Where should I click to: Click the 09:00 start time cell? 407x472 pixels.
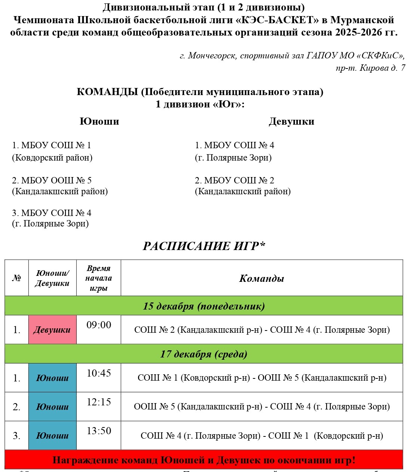pos(99,325)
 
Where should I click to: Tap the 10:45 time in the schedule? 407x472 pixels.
pos(99,373)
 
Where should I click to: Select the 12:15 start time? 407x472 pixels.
pos(99,402)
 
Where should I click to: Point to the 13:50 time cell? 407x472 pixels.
pos(99,431)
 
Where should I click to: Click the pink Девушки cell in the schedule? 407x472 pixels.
pos(52,330)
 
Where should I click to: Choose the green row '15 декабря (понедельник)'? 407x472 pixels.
pos(203,306)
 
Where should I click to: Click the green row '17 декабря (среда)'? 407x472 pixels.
pos(203,354)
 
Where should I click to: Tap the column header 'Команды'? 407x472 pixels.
pos(261,278)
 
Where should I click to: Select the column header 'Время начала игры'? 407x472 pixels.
pos(98,278)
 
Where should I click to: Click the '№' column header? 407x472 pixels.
pos(16,278)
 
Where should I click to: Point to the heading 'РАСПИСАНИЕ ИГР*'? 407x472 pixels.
pos(204,246)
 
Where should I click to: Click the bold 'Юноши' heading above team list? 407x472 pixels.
pos(99,121)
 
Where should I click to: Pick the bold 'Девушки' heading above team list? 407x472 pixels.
pos(291,121)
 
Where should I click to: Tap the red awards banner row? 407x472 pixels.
pos(203,460)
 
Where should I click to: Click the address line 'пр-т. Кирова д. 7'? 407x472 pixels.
pos(370,68)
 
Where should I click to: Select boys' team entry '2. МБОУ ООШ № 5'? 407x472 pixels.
pos(52,180)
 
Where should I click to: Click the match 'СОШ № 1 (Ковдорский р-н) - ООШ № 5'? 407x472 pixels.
pos(261,378)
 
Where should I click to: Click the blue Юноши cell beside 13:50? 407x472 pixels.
pos(52,435)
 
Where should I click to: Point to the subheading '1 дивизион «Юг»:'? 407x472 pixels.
pos(200,104)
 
